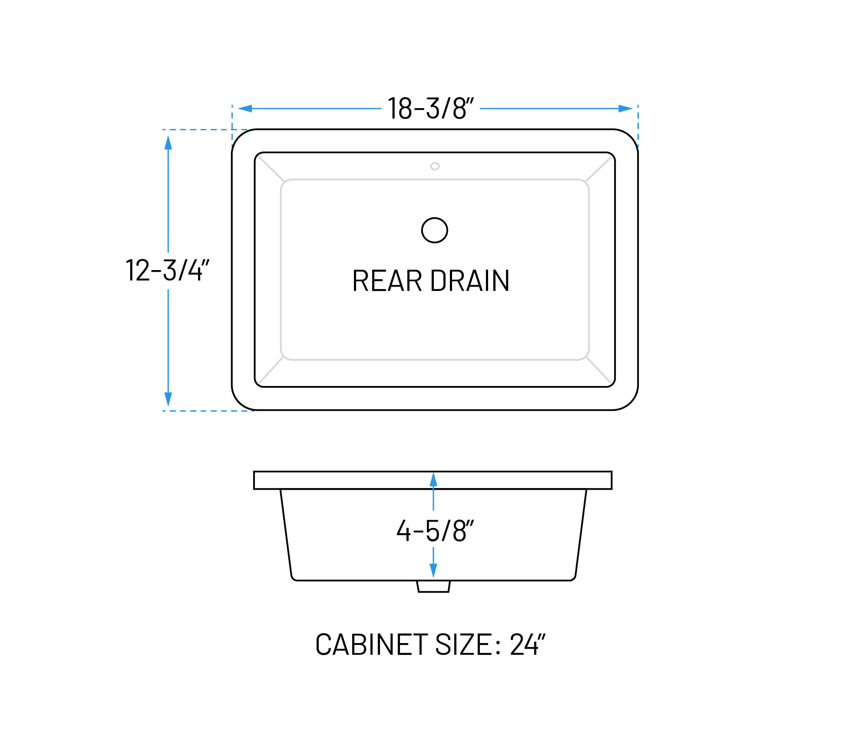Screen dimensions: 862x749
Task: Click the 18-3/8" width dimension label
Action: point(430,109)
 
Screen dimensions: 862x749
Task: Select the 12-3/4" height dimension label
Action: point(168,271)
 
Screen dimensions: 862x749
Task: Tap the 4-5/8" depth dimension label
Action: point(435,531)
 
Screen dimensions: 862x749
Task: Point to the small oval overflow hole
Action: point(435,166)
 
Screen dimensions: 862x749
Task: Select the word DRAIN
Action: point(470,281)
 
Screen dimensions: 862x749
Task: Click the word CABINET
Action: point(372,645)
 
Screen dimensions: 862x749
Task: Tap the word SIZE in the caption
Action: point(463,645)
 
